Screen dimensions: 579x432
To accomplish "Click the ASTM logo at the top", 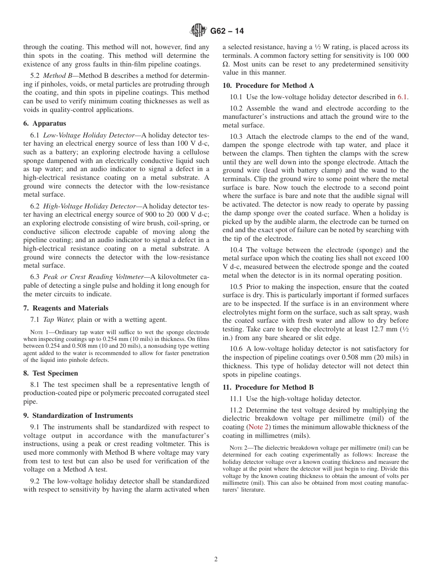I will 198,30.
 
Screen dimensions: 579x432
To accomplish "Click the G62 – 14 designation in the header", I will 227,31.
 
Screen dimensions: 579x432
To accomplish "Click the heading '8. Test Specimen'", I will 50,373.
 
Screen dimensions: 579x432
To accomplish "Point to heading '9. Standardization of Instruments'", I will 78,416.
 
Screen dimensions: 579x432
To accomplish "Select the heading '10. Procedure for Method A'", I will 268,86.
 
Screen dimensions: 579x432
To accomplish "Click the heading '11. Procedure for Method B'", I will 268,387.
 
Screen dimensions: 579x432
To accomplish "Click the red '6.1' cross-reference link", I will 402,97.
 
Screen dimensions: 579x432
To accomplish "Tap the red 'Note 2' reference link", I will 258,427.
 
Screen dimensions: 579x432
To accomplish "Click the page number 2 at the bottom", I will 216,559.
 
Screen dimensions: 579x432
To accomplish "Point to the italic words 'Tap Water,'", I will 59,320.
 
